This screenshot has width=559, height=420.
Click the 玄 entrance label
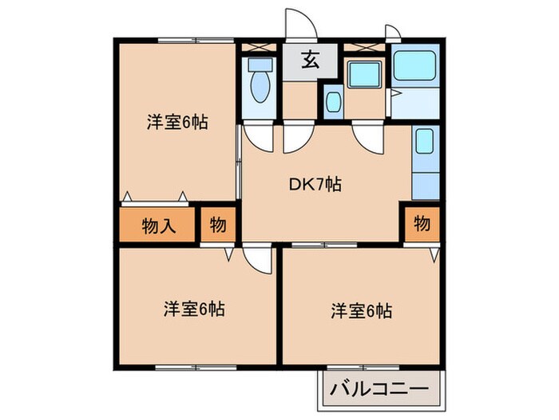(x=310, y=60)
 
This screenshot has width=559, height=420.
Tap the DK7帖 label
(x=315, y=184)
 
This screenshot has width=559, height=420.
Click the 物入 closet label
(x=158, y=225)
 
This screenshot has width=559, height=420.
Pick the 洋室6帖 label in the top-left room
(x=177, y=122)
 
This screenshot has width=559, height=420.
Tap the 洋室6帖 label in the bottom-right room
(x=361, y=310)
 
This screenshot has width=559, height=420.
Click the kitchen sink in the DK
(x=424, y=145)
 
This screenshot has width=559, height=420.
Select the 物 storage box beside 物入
(x=217, y=225)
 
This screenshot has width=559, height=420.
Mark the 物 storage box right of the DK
(x=422, y=224)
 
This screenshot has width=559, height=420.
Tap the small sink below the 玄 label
(x=333, y=102)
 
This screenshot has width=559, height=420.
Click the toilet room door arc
(x=259, y=136)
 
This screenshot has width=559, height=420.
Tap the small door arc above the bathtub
(x=392, y=32)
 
